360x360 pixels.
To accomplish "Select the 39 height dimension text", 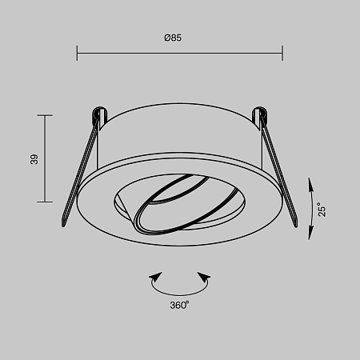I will pyautogui.click(x=34, y=159).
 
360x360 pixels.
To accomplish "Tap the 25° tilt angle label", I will pyautogui.click(x=320, y=210).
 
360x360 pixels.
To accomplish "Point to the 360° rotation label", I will pyautogui.click(x=179, y=305).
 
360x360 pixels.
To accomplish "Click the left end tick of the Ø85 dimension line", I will pyautogui.click(x=77, y=53).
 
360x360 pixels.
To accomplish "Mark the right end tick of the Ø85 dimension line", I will pyautogui.click(x=282, y=53).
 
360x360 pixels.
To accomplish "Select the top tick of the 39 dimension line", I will pyautogui.click(x=45, y=116).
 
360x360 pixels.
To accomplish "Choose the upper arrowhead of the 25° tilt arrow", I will pyautogui.click(x=310, y=183).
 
